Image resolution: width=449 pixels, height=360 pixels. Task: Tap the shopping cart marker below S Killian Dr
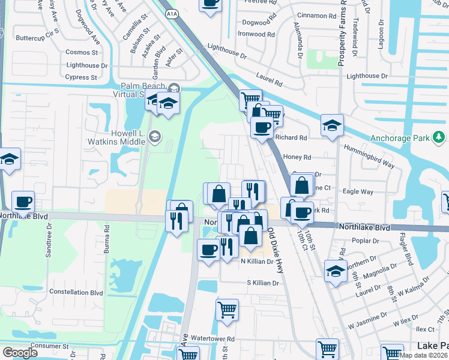tap(227, 310)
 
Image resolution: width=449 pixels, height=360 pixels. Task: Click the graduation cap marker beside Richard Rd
tap(331, 125)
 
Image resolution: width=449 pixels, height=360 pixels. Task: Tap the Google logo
tap(20, 352)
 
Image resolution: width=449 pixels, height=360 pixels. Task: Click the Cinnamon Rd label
tap(315, 16)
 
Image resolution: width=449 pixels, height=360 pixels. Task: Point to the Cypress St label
tap(81, 77)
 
